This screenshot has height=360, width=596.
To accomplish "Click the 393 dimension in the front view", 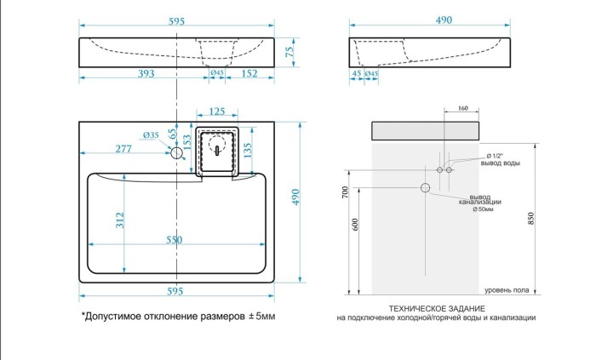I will coord(146,73).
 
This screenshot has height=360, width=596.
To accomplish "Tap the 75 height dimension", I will coord(289,52).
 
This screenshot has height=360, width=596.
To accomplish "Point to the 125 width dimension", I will coord(217,111).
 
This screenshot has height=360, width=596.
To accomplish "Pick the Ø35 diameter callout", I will coord(152,136).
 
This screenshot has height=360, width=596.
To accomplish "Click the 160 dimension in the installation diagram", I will coord(463,109).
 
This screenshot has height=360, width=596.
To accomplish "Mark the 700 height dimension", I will coord(345,194).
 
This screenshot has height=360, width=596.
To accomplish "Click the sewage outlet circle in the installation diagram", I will coord(424,187).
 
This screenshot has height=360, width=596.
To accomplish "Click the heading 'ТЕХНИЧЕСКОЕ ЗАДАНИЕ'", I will coord(436,307).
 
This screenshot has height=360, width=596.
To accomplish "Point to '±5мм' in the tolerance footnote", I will coord(261,316).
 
